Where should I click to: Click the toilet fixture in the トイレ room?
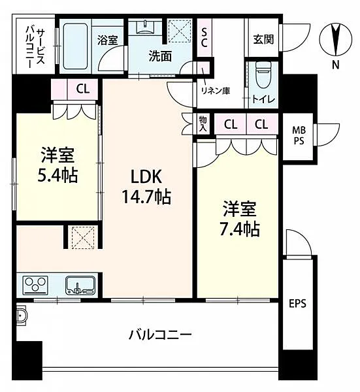click(x=263, y=74)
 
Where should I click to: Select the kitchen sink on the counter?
click(x=80, y=285)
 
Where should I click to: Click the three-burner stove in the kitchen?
click(x=35, y=285)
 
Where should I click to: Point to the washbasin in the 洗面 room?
click(x=145, y=27)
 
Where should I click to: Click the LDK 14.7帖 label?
click(x=146, y=186)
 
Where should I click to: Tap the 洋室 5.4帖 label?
click(x=57, y=165)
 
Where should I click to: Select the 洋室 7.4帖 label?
click(x=240, y=218)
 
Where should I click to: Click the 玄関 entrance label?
click(x=263, y=39)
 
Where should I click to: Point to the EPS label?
click(x=297, y=304)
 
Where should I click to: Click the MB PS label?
click(x=299, y=135)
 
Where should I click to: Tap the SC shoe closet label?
click(x=204, y=38)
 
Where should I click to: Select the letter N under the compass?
click(x=336, y=65)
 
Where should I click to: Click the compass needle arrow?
click(x=336, y=39)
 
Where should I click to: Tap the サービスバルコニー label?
click(x=35, y=47)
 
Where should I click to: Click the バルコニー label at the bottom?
click(x=160, y=335)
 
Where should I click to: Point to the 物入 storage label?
click(x=203, y=124)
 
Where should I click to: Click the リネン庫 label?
click(x=216, y=91)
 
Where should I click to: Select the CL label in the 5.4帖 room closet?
click(x=83, y=88)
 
